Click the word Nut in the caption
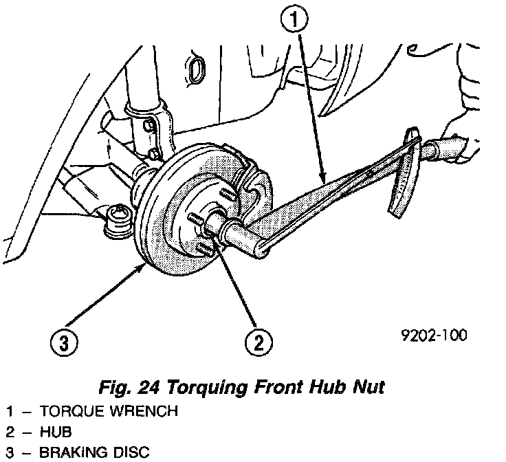coord(368,387)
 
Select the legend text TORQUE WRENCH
coord(109,412)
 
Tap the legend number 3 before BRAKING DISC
coord(10,452)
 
